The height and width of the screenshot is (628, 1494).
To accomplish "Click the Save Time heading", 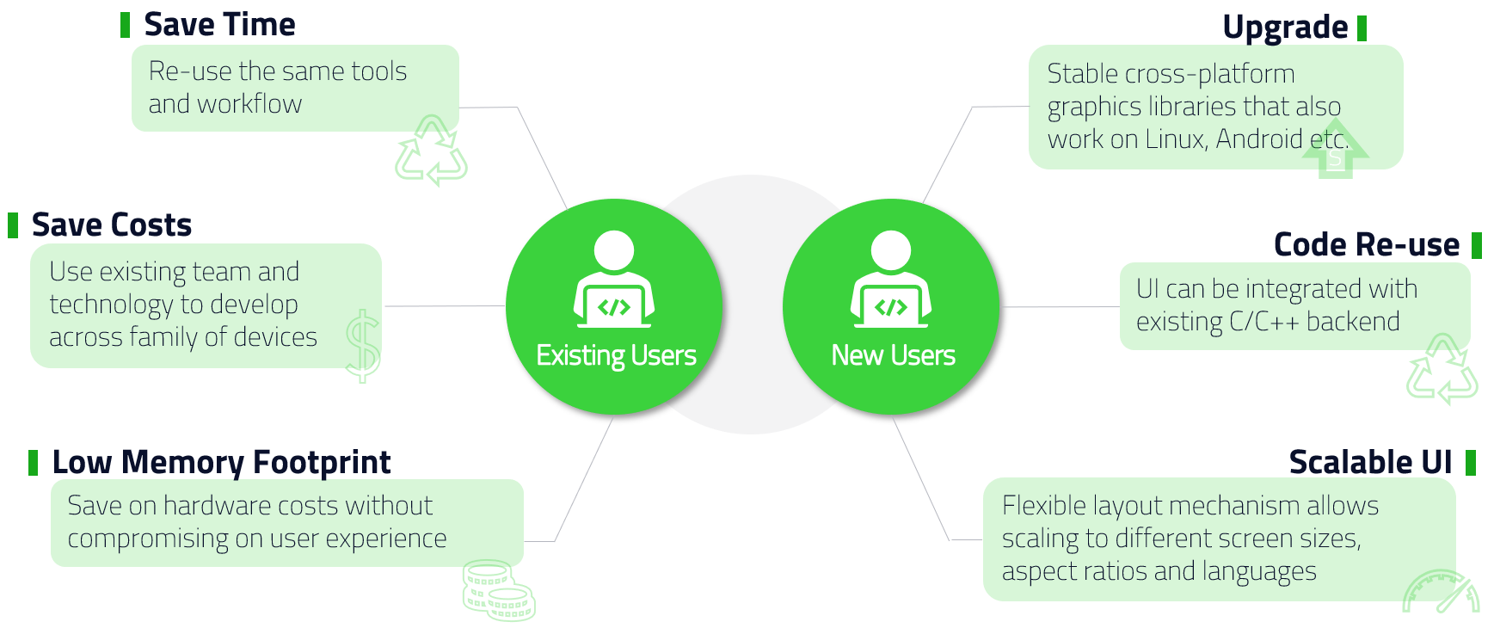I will [219, 25].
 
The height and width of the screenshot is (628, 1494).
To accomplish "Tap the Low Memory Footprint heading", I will [221, 463].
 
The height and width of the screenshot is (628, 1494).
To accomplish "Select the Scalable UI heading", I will [1370, 463].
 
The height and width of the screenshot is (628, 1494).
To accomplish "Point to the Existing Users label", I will [616, 355].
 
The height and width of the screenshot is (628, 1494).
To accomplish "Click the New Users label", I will [893, 355].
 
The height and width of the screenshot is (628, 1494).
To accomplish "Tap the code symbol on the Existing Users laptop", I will [614, 307].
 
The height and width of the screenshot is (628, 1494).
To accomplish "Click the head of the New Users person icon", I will [890, 250].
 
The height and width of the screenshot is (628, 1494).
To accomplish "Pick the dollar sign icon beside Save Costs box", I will [363, 346].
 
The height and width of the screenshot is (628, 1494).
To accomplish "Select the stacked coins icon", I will [498, 590].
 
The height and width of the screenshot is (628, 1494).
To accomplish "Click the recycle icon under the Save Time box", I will [431, 151].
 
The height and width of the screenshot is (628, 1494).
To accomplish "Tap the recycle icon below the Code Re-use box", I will [1442, 369].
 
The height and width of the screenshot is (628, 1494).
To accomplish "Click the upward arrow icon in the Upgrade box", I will [1335, 156].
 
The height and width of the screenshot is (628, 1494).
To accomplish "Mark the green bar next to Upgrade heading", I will [1362, 28].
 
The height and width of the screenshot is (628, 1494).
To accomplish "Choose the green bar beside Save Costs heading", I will [13, 225].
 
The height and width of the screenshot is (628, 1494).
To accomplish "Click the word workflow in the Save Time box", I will [249, 104].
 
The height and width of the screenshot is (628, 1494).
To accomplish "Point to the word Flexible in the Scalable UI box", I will [1044, 506].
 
